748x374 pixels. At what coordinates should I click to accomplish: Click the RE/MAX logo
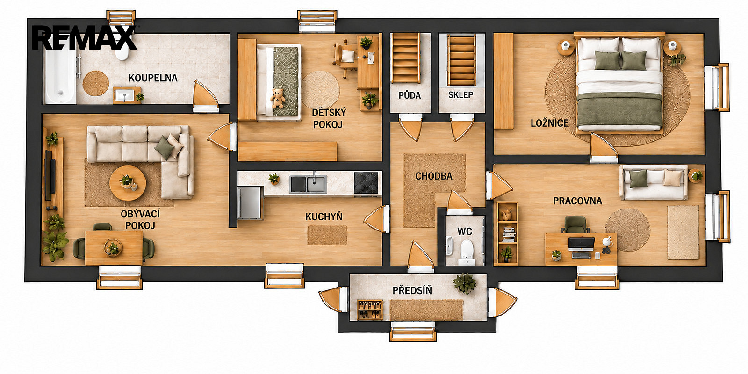coord(85,37)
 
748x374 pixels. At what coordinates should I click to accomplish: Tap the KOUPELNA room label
coord(153,78)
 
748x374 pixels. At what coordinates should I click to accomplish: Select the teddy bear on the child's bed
coord(278,98)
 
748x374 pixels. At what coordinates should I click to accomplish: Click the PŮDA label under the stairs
coord(410,95)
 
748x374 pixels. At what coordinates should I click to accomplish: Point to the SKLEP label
coord(461,95)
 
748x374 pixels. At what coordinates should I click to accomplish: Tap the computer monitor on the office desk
coord(582,244)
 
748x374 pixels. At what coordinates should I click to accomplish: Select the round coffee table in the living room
coord(128,183)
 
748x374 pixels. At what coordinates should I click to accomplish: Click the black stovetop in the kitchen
coord(367,183)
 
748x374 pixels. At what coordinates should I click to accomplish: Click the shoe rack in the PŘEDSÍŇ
coord(370,310)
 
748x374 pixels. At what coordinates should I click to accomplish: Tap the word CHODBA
coord(434,176)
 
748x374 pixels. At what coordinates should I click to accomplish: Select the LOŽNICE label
coord(550,123)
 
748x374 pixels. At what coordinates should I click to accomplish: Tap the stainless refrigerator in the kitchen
coord(250,203)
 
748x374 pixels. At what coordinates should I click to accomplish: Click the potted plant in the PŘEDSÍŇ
coord(465,284)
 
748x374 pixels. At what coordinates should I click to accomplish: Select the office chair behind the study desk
coord(575,224)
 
